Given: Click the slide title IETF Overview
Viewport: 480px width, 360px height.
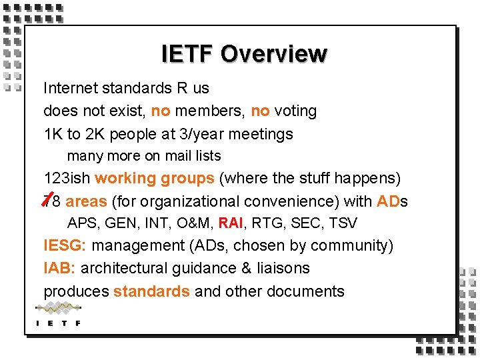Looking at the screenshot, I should (x=244, y=54).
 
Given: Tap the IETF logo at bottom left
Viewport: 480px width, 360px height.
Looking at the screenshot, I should (x=58, y=314).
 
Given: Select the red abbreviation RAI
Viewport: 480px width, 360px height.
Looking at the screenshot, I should (x=231, y=223).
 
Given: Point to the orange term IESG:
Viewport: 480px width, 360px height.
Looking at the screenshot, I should (x=65, y=246).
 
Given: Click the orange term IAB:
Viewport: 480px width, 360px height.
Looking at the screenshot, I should (x=60, y=269).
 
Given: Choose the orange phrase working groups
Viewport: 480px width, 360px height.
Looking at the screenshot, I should (x=155, y=179).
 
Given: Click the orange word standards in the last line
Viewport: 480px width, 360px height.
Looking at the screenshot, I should (x=151, y=291).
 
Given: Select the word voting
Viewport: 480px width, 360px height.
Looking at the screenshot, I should (x=295, y=111).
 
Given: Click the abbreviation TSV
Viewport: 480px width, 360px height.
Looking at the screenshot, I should (x=343, y=223).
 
